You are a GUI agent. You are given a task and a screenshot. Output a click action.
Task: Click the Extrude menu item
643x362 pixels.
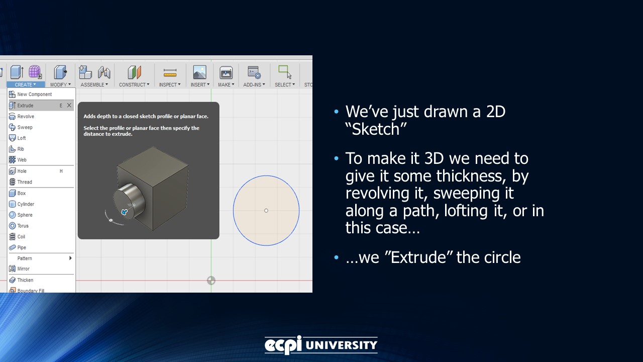[x=25, y=106]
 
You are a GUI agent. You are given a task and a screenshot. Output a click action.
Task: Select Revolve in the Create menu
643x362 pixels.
[x=26, y=117]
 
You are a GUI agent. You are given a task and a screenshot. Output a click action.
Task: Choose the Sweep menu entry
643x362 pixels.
[x=25, y=128]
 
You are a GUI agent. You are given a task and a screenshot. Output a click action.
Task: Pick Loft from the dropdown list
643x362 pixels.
[x=22, y=138]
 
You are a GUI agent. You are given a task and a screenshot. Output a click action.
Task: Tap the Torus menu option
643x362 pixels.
[x=23, y=226]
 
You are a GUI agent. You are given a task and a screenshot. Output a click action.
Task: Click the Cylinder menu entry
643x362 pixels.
[x=26, y=204]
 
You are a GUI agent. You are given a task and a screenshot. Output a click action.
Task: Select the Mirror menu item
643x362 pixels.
[x=24, y=269]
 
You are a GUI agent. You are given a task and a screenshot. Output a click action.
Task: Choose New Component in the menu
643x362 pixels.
[x=34, y=95]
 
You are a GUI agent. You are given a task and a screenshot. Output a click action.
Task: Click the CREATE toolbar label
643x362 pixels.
[x=25, y=85]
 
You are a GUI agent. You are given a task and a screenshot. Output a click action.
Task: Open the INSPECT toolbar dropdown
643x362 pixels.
[x=170, y=85]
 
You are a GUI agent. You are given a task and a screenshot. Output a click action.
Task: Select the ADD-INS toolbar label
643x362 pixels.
[x=254, y=85]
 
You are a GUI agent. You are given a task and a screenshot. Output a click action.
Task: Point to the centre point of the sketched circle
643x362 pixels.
[x=266, y=211]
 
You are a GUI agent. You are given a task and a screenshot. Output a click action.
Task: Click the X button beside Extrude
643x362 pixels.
[x=69, y=106]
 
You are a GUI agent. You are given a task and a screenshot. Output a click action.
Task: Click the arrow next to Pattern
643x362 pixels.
[x=70, y=258]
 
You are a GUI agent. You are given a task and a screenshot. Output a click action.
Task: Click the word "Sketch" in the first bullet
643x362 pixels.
[x=376, y=129]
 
